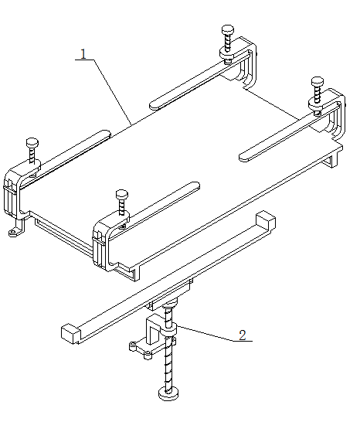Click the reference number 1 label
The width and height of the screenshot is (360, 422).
(83, 54)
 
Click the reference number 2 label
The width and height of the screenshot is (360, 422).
(243, 335)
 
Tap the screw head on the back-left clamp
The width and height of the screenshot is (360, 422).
(228, 29)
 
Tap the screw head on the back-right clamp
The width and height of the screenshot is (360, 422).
(318, 81)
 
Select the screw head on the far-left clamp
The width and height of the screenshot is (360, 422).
(32, 142)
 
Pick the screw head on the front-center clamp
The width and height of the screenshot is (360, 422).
(122, 194)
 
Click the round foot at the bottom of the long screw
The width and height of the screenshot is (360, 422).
(168, 394)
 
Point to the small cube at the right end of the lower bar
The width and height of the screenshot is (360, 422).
(265, 220)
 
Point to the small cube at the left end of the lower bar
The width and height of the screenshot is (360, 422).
(71, 334)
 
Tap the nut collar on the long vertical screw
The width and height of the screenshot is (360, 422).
(168, 330)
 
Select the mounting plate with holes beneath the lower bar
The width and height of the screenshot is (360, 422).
(152, 346)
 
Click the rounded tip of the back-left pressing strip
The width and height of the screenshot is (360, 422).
(154, 105)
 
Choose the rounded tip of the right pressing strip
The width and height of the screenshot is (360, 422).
(244, 157)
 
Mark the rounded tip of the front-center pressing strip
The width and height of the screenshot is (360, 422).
(195, 185)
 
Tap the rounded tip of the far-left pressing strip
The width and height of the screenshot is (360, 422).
(106, 134)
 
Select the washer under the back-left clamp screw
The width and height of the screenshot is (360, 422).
(228, 53)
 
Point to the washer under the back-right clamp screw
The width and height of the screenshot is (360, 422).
(318, 104)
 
